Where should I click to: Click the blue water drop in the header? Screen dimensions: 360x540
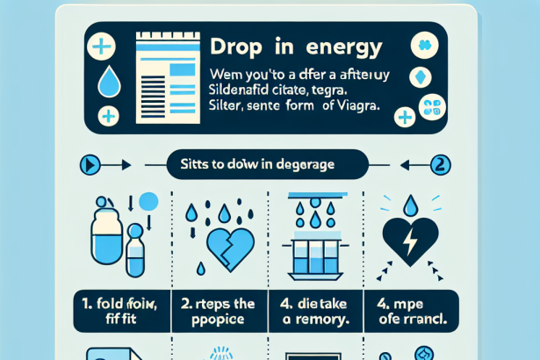tap(108, 81)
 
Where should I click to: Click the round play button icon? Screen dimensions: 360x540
tap(90, 164)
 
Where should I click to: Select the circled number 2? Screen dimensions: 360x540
tap(441, 164)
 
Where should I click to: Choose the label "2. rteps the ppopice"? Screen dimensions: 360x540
tap(219, 312)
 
